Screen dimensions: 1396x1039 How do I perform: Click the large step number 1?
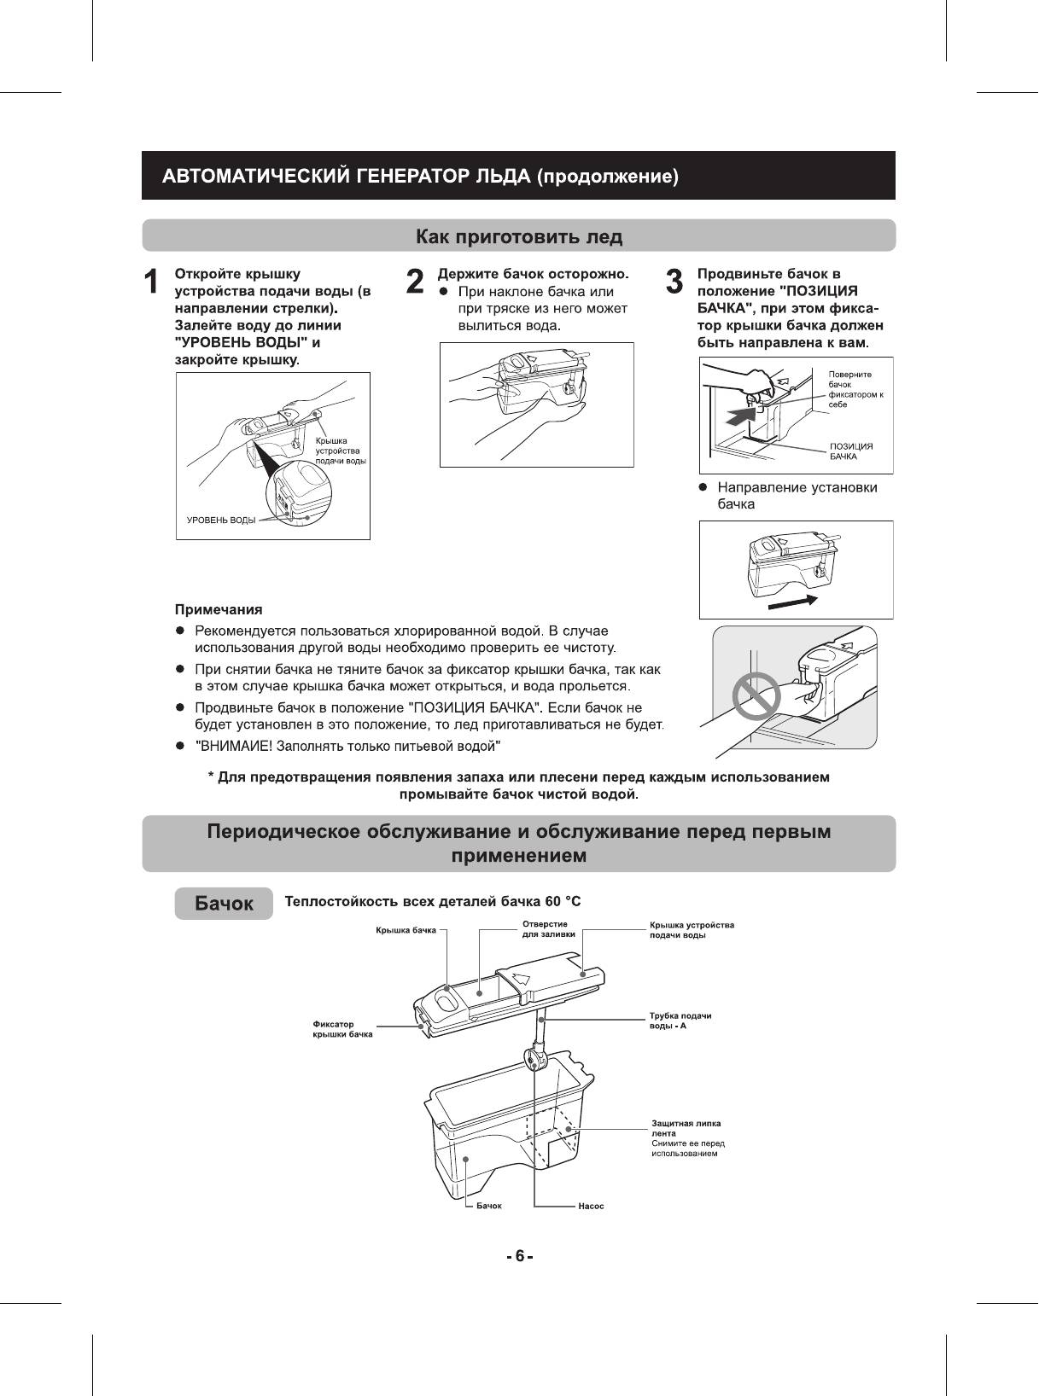click(152, 282)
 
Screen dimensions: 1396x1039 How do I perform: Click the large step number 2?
click(415, 282)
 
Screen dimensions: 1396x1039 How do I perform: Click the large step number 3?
click(674, 282)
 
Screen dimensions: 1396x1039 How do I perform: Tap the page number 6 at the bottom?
click(519, 1256)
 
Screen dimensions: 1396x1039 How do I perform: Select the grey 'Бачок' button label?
click(224, 904)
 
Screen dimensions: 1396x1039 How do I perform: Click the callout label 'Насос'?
click(591, 1206)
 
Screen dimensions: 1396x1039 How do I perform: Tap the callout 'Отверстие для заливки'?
click(548, 929)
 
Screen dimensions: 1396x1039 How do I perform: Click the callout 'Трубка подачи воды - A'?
click(680, 1020)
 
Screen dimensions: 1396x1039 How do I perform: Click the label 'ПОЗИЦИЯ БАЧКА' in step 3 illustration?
click(851, 451)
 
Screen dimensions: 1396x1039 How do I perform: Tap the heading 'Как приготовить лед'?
click(518, 236)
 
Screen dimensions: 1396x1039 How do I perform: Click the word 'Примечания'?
click(219, 609)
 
